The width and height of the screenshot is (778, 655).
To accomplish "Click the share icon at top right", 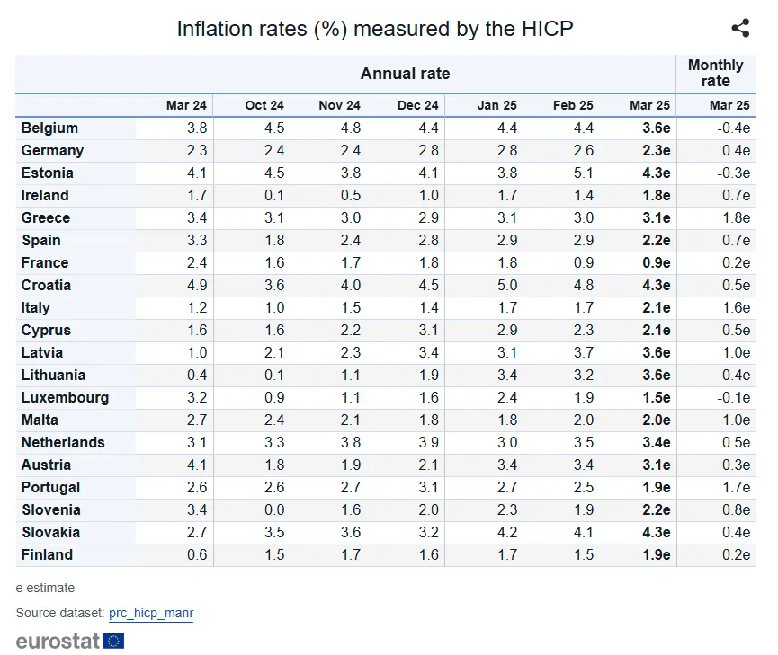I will (x=740, y=29).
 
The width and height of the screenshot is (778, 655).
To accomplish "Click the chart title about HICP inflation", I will (x=375, y=29).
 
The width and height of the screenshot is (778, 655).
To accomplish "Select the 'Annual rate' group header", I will (x=405, y=74).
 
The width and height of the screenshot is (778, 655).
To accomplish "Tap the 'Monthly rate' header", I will (x=715, y=73).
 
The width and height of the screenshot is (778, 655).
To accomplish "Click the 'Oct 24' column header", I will (x=264, y=105).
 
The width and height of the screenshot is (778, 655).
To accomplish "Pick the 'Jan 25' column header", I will (x=497, y=105).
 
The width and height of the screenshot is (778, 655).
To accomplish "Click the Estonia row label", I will (x=48, y=173).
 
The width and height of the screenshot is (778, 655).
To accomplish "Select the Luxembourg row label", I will (x=65, y=397).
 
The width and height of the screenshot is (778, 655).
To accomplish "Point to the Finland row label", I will (x=47, y=554).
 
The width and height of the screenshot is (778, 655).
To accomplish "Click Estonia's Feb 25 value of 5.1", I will (x=584, y=173).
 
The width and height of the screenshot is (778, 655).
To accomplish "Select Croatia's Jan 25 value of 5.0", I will (x=507, y=285).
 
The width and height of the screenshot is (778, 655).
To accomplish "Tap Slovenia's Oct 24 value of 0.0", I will (x=274, y=509).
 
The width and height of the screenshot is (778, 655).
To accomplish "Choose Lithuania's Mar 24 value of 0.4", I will (x=197, y=375).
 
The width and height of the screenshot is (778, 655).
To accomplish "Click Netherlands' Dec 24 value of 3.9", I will (x=429, y=442).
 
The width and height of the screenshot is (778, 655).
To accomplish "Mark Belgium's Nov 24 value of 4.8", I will (x=351, y=128).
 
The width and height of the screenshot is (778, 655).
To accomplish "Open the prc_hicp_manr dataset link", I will (x=151, y=613).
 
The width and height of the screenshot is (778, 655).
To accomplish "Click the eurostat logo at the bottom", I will (x=69, y=641).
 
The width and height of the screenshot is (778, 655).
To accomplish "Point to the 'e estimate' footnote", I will (x=45, y=588).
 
